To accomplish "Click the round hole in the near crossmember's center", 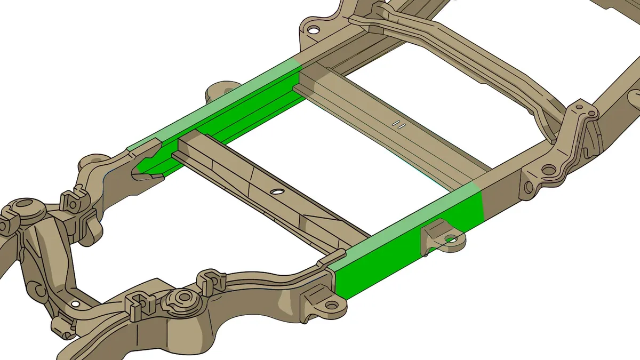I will click(277, 191).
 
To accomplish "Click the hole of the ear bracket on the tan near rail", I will click(332, 305).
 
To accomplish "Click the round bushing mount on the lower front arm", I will click(183, 298).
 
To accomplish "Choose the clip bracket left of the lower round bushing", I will click(137, 303).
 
